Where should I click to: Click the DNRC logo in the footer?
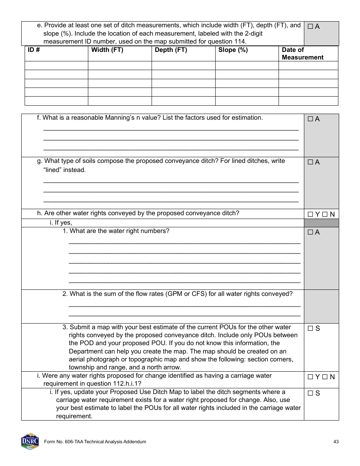(x=30, y=441)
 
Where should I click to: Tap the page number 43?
(x=336, y=442)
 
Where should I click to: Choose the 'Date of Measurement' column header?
(x=302, y=53)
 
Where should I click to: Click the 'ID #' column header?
(x=34, y=50)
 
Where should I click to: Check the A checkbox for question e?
(x=310, y=27)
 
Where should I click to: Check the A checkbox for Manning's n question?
(x=310, y=119)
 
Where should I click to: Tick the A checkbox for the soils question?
(x=310, y=163)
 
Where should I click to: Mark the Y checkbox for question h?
(x=310, y=214)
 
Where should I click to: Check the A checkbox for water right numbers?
(x=310, y=233)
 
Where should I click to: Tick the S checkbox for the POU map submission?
(x=310, y=329)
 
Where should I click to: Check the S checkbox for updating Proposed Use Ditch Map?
(x=310, y=393)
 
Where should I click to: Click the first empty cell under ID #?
(x=56, y=66)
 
